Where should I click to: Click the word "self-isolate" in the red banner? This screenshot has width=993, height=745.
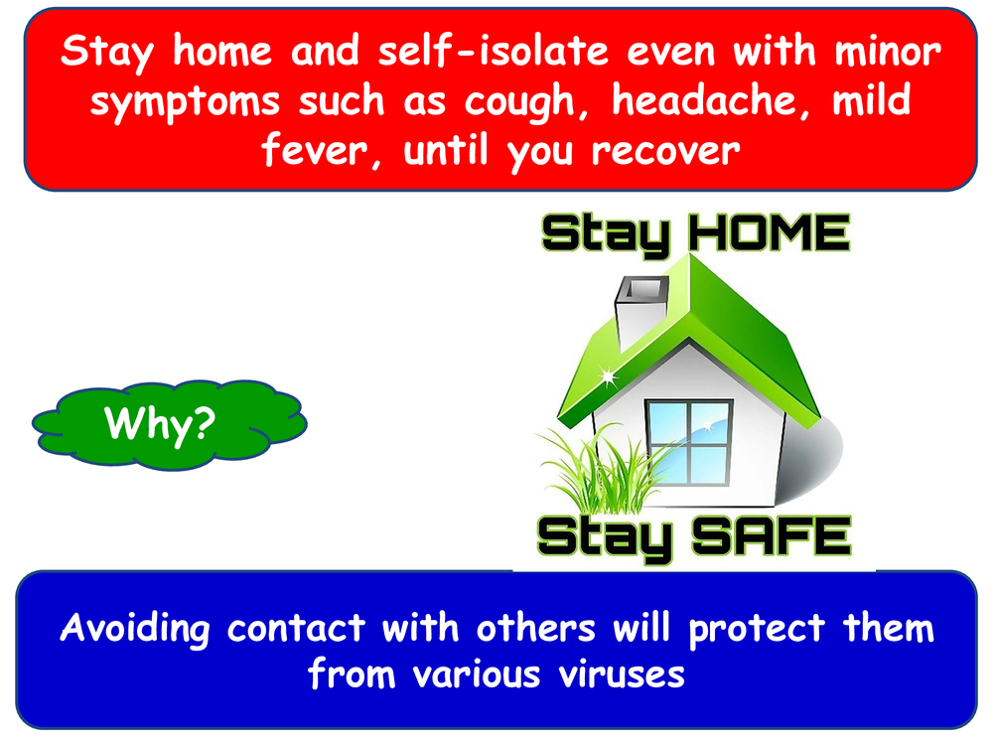[494, 51]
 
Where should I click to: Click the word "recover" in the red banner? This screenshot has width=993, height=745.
[665, 152]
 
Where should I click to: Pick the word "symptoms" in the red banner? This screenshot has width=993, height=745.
[185, 102]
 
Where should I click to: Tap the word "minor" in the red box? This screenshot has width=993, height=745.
[888, 52]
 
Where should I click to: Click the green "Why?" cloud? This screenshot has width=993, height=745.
[170, 425]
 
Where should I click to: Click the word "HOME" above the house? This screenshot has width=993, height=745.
[769, 232]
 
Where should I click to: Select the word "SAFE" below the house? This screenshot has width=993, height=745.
[772, 536]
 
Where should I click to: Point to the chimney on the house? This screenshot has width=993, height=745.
[640, 311]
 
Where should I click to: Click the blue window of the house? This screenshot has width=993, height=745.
[689, 443]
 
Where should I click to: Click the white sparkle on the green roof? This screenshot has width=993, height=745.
[608, 377]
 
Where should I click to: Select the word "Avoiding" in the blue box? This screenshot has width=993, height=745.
[135, 630]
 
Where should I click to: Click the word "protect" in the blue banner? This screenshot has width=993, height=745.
[756, 630]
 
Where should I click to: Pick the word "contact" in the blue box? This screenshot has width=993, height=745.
[296, 628]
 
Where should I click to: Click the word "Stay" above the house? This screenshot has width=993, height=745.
[605, 235]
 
